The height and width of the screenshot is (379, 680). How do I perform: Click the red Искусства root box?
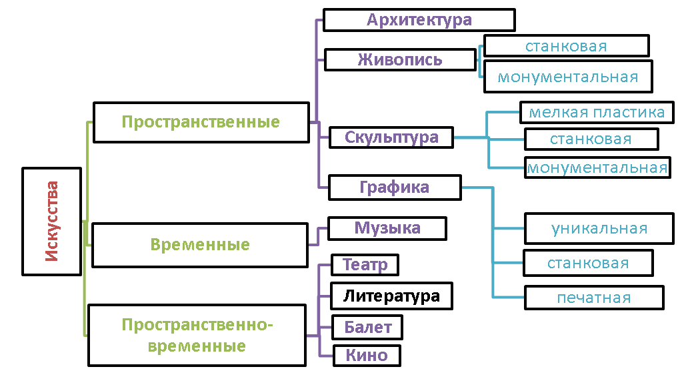[x=52, y=222]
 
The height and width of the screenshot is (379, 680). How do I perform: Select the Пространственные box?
[x=201, y=122]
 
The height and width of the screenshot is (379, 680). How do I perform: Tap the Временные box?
[x=200, y=245]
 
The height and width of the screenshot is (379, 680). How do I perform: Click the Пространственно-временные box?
[x=198, y=335]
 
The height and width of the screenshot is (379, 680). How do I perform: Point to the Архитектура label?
[x=419, y=20]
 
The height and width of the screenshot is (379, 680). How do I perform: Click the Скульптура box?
[x=391, y=137]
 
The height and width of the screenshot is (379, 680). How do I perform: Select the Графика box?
[x=395, y=187]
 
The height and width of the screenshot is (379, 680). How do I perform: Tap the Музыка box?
[x=387, y=228]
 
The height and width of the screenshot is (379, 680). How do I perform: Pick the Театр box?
[x=365, y=265]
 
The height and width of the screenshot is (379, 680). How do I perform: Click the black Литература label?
[x=391, y=296]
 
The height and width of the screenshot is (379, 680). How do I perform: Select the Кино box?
[x=366, y=355]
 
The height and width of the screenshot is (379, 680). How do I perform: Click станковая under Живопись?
[x=566, y=46]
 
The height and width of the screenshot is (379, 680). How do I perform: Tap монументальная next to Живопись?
[x=568, y=77]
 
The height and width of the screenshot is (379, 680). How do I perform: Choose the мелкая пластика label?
[x=597, y=112]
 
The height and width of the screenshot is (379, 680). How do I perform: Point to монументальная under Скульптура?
[x=597, y=167]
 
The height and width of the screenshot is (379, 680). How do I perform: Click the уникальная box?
[x=599, y=228]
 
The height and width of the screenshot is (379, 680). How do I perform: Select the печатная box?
[x=594, y=298]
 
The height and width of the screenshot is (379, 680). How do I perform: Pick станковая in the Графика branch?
[x=588, y=263]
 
